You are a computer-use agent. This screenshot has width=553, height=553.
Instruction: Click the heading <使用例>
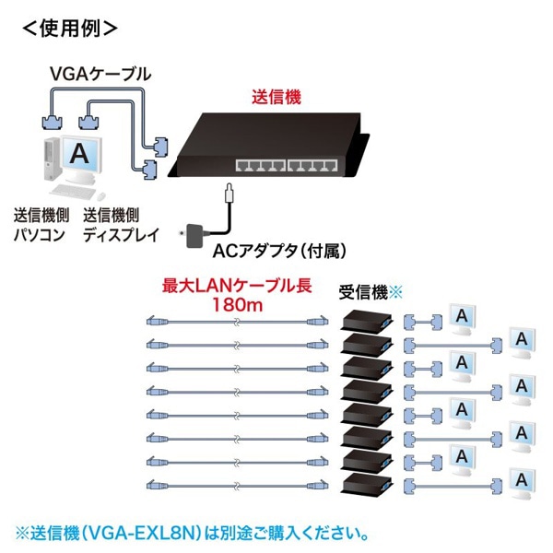pyautogui.click(x=70, y=27)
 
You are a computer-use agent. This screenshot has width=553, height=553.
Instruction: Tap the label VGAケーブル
pyautogui.click(x=101, y=72)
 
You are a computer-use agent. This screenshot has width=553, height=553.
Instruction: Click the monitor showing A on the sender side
pyautogui.click(x=82, y=154)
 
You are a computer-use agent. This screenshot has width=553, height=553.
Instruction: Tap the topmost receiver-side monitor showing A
pyautogui.click(x=462, y=318)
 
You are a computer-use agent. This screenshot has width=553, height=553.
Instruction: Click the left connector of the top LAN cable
pyautogui.click(x=155, y=322)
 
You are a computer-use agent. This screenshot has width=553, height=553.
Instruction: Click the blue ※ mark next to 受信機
pyautogui.click(x=398, y=293)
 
